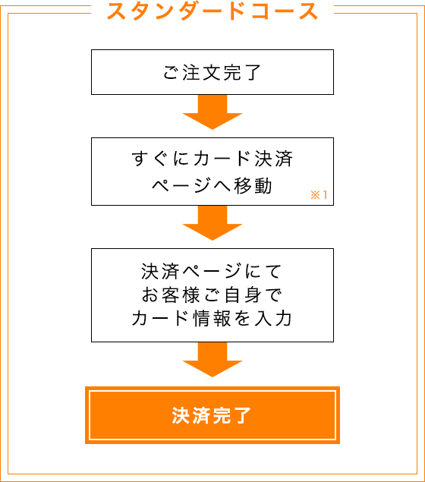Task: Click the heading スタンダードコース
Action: tap(212, 11)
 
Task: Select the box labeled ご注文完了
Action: tap(212, 72)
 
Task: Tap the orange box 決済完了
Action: tap(212, 415)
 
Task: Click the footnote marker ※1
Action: tap(319, 195)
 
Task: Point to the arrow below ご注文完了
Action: tap(212, 112)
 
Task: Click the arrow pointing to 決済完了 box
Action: tap(212, 360)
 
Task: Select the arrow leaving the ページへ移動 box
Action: tap(212, 223)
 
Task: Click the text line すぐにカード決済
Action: tap(212, 159)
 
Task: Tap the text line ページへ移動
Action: tap(212, 186)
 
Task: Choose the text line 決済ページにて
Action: tap(212, 272)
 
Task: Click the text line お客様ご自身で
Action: tap(212, 295)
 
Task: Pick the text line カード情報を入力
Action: tap(212, 318)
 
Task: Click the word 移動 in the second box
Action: tap(253, 186)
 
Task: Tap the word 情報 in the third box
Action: tap(212, 318)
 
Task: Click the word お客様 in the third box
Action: tap(171, 295)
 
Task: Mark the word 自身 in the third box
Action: tap(243, 295)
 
